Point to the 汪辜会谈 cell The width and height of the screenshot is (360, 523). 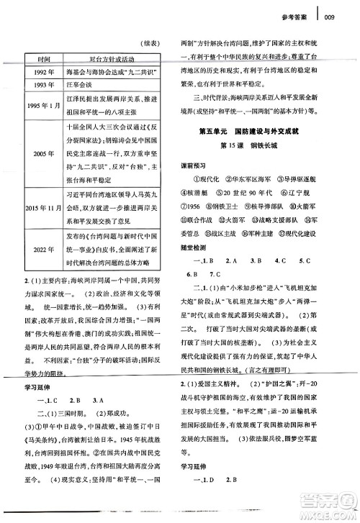pyautogui.click(x=91, y=87)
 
